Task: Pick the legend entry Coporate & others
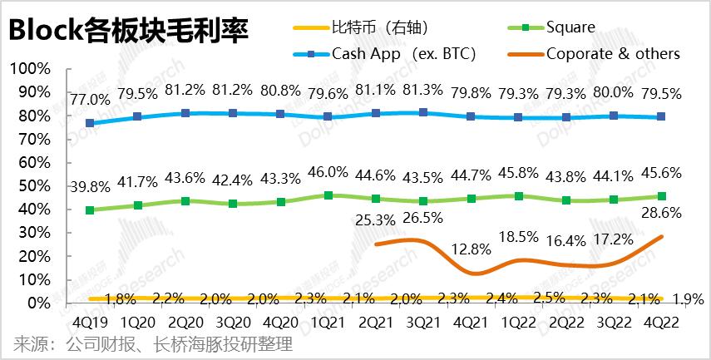pos(613,54)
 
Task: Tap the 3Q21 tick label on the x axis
pos(423,321)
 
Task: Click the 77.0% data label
pos(90,100)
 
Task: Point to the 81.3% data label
pos(423,90)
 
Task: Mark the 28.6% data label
pos(662,213)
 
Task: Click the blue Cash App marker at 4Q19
pos(90,123)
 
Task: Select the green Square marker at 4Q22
pos(662,196)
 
